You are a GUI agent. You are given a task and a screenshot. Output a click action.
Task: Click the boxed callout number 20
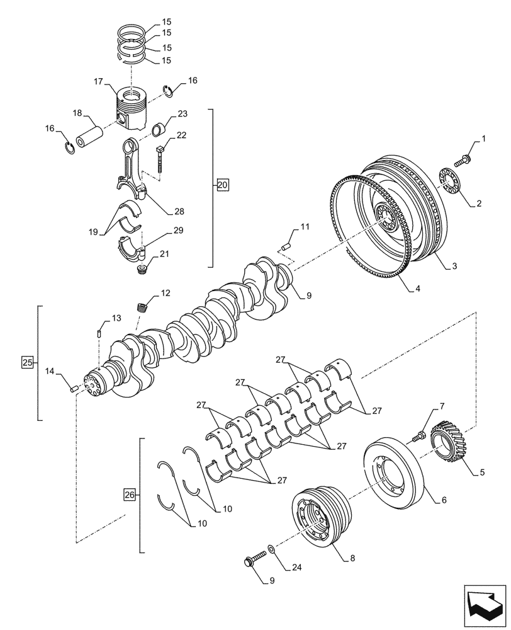point(223,185)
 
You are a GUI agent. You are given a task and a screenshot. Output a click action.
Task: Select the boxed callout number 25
point(27,362)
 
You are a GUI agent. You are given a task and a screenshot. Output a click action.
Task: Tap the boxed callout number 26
point(130,495)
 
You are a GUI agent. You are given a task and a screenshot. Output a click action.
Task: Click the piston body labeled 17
point(134,106)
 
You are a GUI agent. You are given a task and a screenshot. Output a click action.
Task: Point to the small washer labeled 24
point(270,549)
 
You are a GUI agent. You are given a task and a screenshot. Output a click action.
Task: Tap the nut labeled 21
point(142,270)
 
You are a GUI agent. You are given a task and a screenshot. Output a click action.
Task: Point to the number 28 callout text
point(179,210)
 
